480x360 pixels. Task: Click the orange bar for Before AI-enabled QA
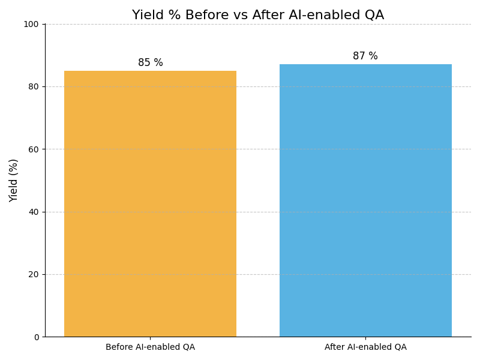tap(150, 204)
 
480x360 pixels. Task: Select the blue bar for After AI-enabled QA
tap(365, 200)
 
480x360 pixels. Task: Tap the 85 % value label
tap(150, 63)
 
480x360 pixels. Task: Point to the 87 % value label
tap(365, 56)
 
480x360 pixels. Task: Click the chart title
tap(258, 16)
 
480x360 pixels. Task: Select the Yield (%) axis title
tap(14, 180)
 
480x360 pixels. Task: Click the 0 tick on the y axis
tap(36, 337)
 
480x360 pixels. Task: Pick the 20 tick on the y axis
tap(34, 274)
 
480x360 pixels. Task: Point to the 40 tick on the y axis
tap(34, 212)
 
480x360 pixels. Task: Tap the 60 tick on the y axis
tap(34, 149)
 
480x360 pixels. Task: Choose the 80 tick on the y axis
tap(34, 86)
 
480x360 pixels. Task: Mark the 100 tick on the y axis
tap(31, 24)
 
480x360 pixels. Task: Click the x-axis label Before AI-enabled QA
tap(150, 347)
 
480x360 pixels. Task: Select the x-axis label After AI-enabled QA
tap(365, 347)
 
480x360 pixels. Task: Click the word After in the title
tap(255, 16)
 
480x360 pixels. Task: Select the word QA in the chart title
tap(374, 16)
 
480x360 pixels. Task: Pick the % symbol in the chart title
tap(169, 16)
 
